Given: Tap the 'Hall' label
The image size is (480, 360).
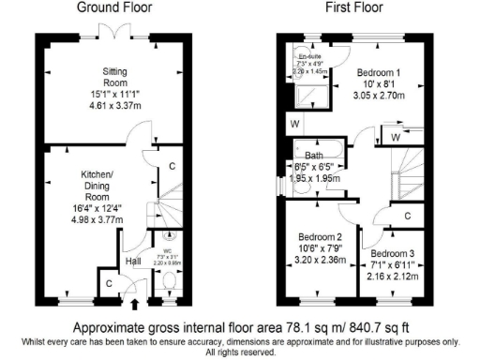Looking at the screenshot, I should point(132,262).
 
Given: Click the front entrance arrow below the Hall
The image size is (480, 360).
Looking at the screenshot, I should point(132,303).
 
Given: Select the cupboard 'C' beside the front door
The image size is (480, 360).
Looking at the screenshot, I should point(108,282).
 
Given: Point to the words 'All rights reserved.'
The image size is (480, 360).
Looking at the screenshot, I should point(240,353).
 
